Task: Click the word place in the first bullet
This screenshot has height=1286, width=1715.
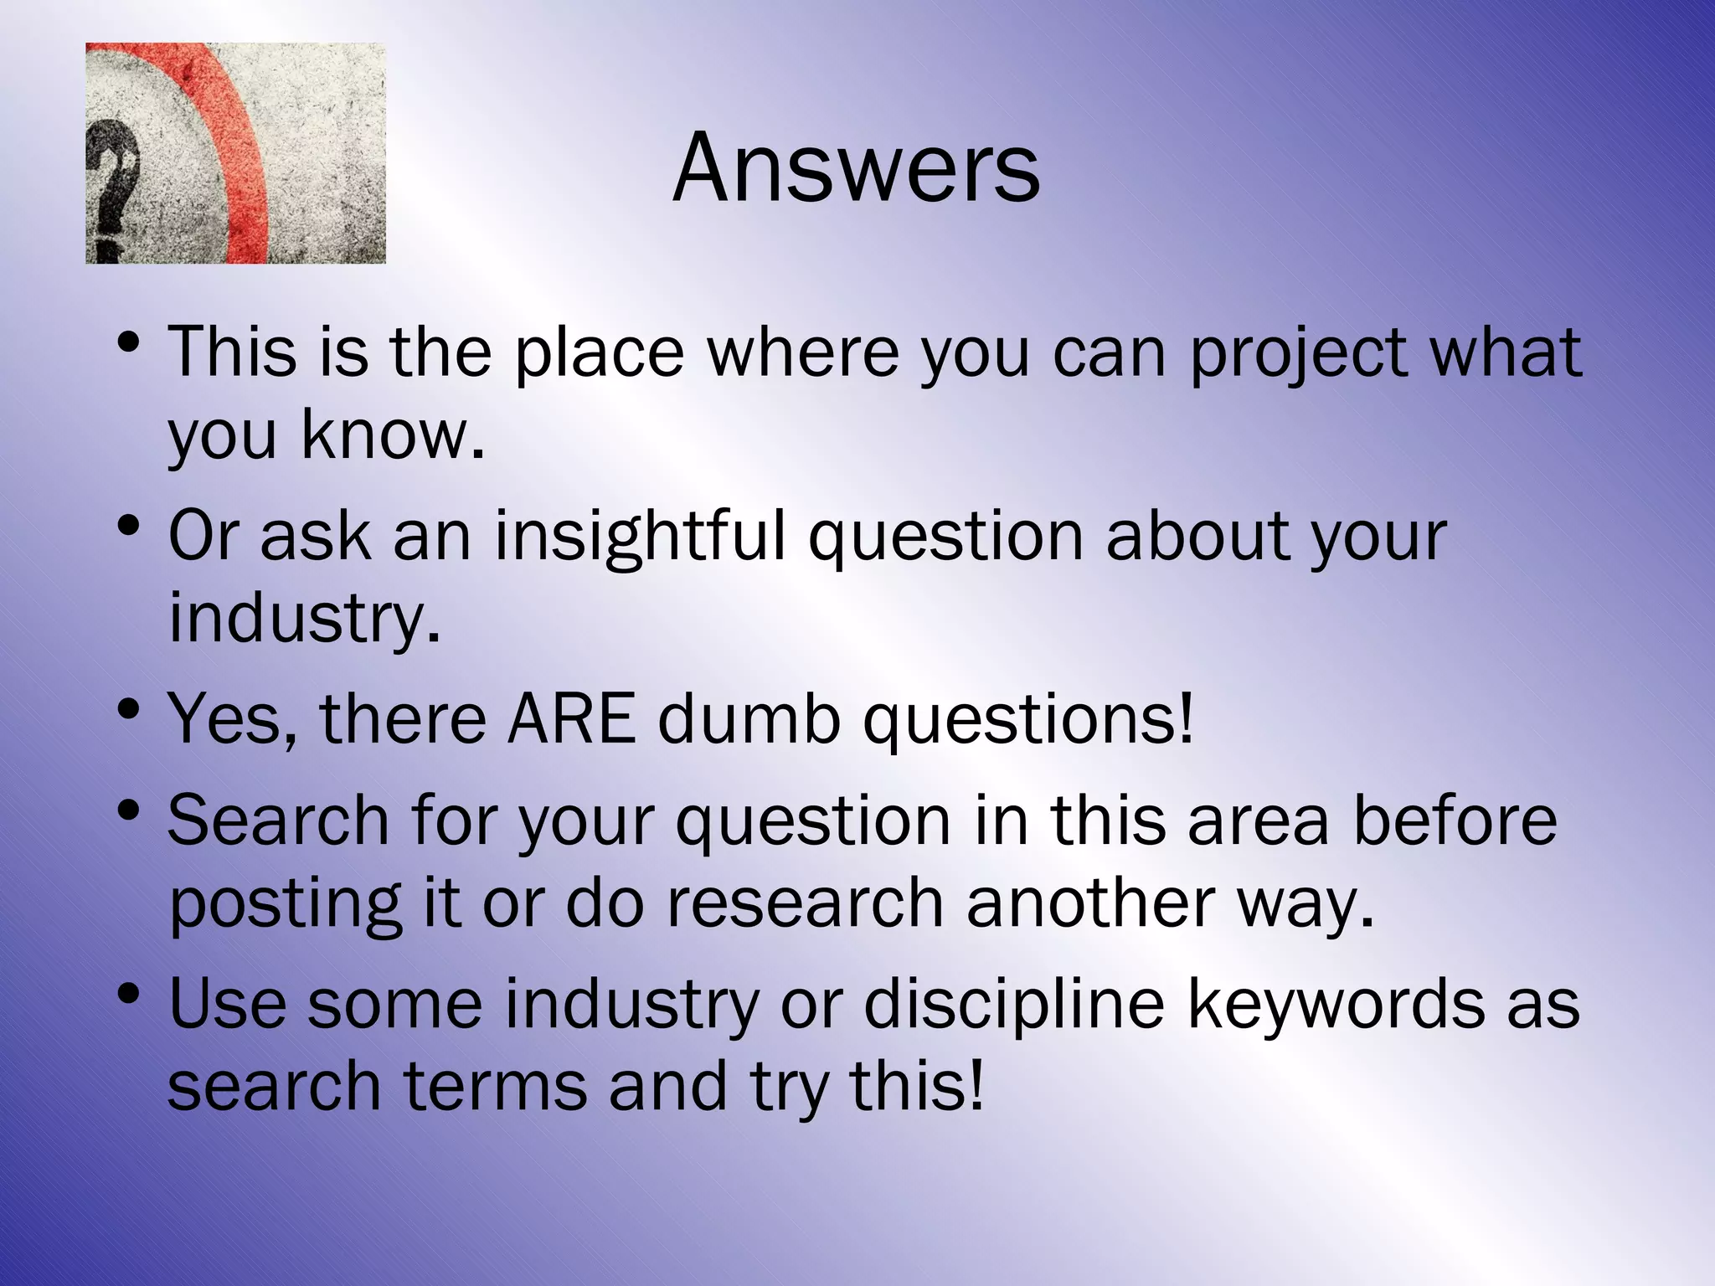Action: tap(600, 352)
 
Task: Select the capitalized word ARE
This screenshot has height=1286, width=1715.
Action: tap(570, 718)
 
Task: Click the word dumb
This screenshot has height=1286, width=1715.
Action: tap(748, 718)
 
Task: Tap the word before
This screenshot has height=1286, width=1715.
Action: tap(1455, 820)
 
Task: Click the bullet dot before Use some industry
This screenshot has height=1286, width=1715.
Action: tap(127, 995)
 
